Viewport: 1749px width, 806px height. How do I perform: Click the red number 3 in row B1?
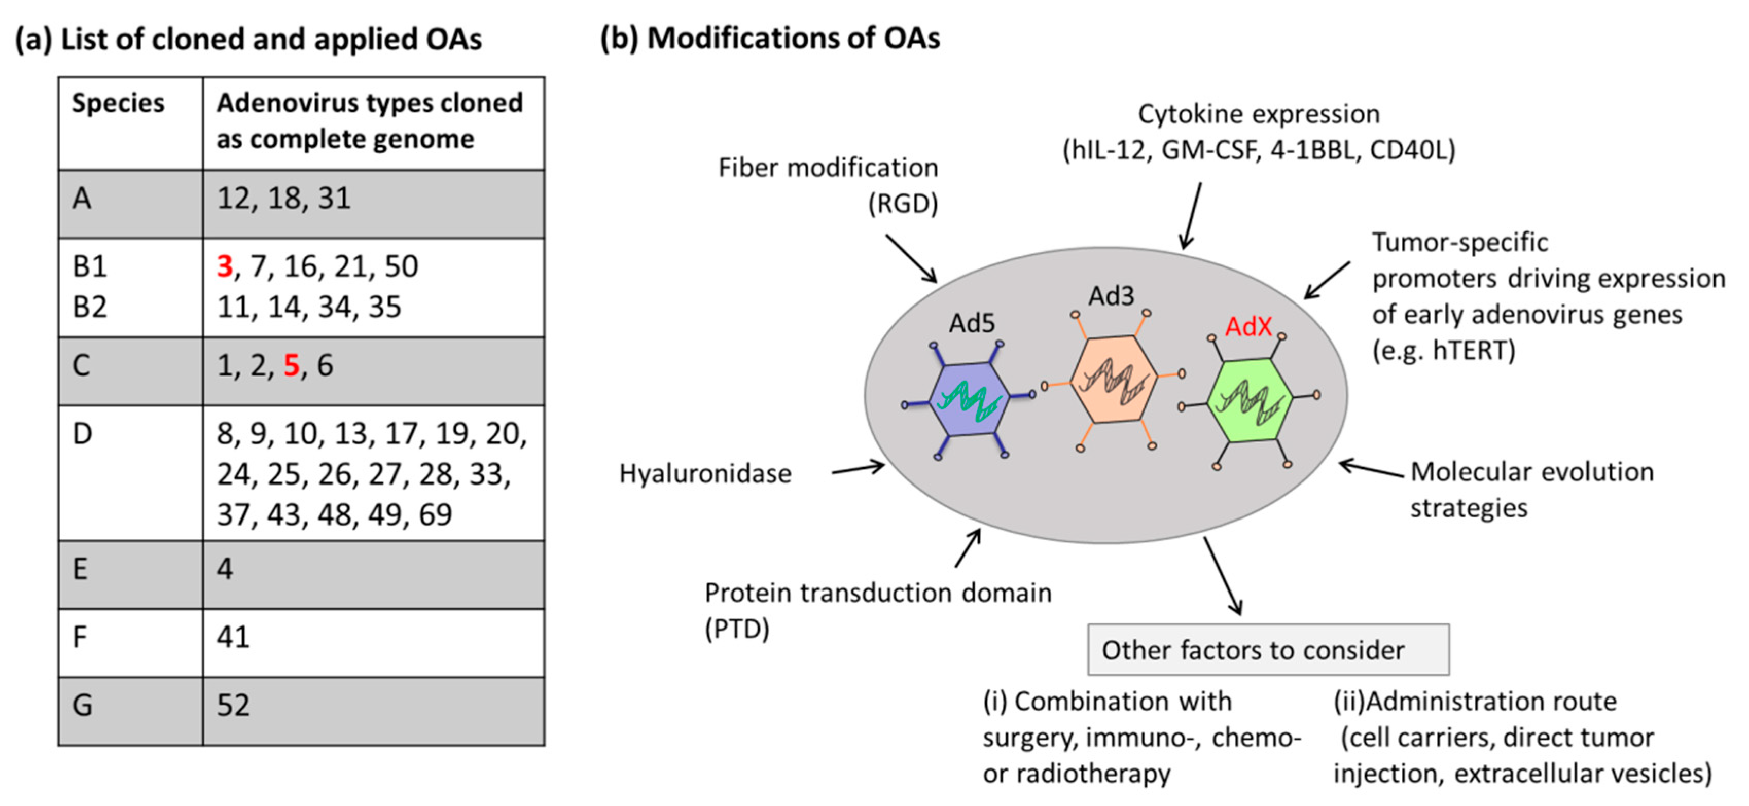click(225, 266)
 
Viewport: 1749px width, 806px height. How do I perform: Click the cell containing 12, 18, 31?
click(373, 204)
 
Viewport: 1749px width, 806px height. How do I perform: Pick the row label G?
click(82, 705)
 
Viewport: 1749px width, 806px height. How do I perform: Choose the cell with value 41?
click(373, 642)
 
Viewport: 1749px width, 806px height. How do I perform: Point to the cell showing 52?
click(373, 711)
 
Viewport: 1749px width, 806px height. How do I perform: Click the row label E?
click(80, 568)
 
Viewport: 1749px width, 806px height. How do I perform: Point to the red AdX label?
click(1248, 327)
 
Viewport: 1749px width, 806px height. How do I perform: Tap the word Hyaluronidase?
click(705, 474)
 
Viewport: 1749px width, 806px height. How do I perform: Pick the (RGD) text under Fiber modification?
click(903, 204)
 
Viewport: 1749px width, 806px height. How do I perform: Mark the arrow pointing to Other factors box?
click(1223, 576)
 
